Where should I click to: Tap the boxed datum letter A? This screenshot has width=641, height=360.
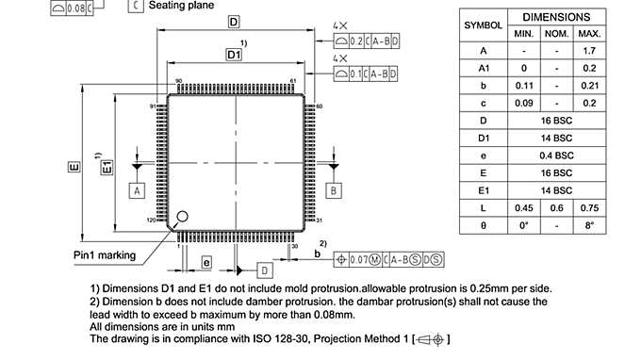[137, 189]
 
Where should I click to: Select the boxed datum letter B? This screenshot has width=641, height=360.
[334, 189]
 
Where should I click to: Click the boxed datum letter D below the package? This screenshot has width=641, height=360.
[265, 270]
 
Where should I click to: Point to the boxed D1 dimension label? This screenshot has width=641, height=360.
[234, 57]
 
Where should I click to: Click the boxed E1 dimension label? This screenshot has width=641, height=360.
[107, 166]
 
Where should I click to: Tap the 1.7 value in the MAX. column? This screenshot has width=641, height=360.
[591, 50]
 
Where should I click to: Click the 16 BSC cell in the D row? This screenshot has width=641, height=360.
[556, 121]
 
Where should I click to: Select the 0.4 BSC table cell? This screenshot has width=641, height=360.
[556, 155]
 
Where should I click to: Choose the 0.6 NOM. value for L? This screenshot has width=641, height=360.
[556, 208]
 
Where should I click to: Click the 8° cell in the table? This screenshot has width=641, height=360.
[591, 226]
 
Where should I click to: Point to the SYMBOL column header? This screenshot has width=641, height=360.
[483, 25]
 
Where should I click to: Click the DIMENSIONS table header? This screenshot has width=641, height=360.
[556, 17]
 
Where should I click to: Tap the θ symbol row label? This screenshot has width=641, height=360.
[483, 226]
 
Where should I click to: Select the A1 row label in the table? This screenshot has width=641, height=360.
[483, 68]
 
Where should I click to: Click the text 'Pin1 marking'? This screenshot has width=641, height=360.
[105, 255]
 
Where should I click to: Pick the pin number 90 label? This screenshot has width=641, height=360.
[179, 82]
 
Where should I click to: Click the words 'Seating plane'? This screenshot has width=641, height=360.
[180, 6]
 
